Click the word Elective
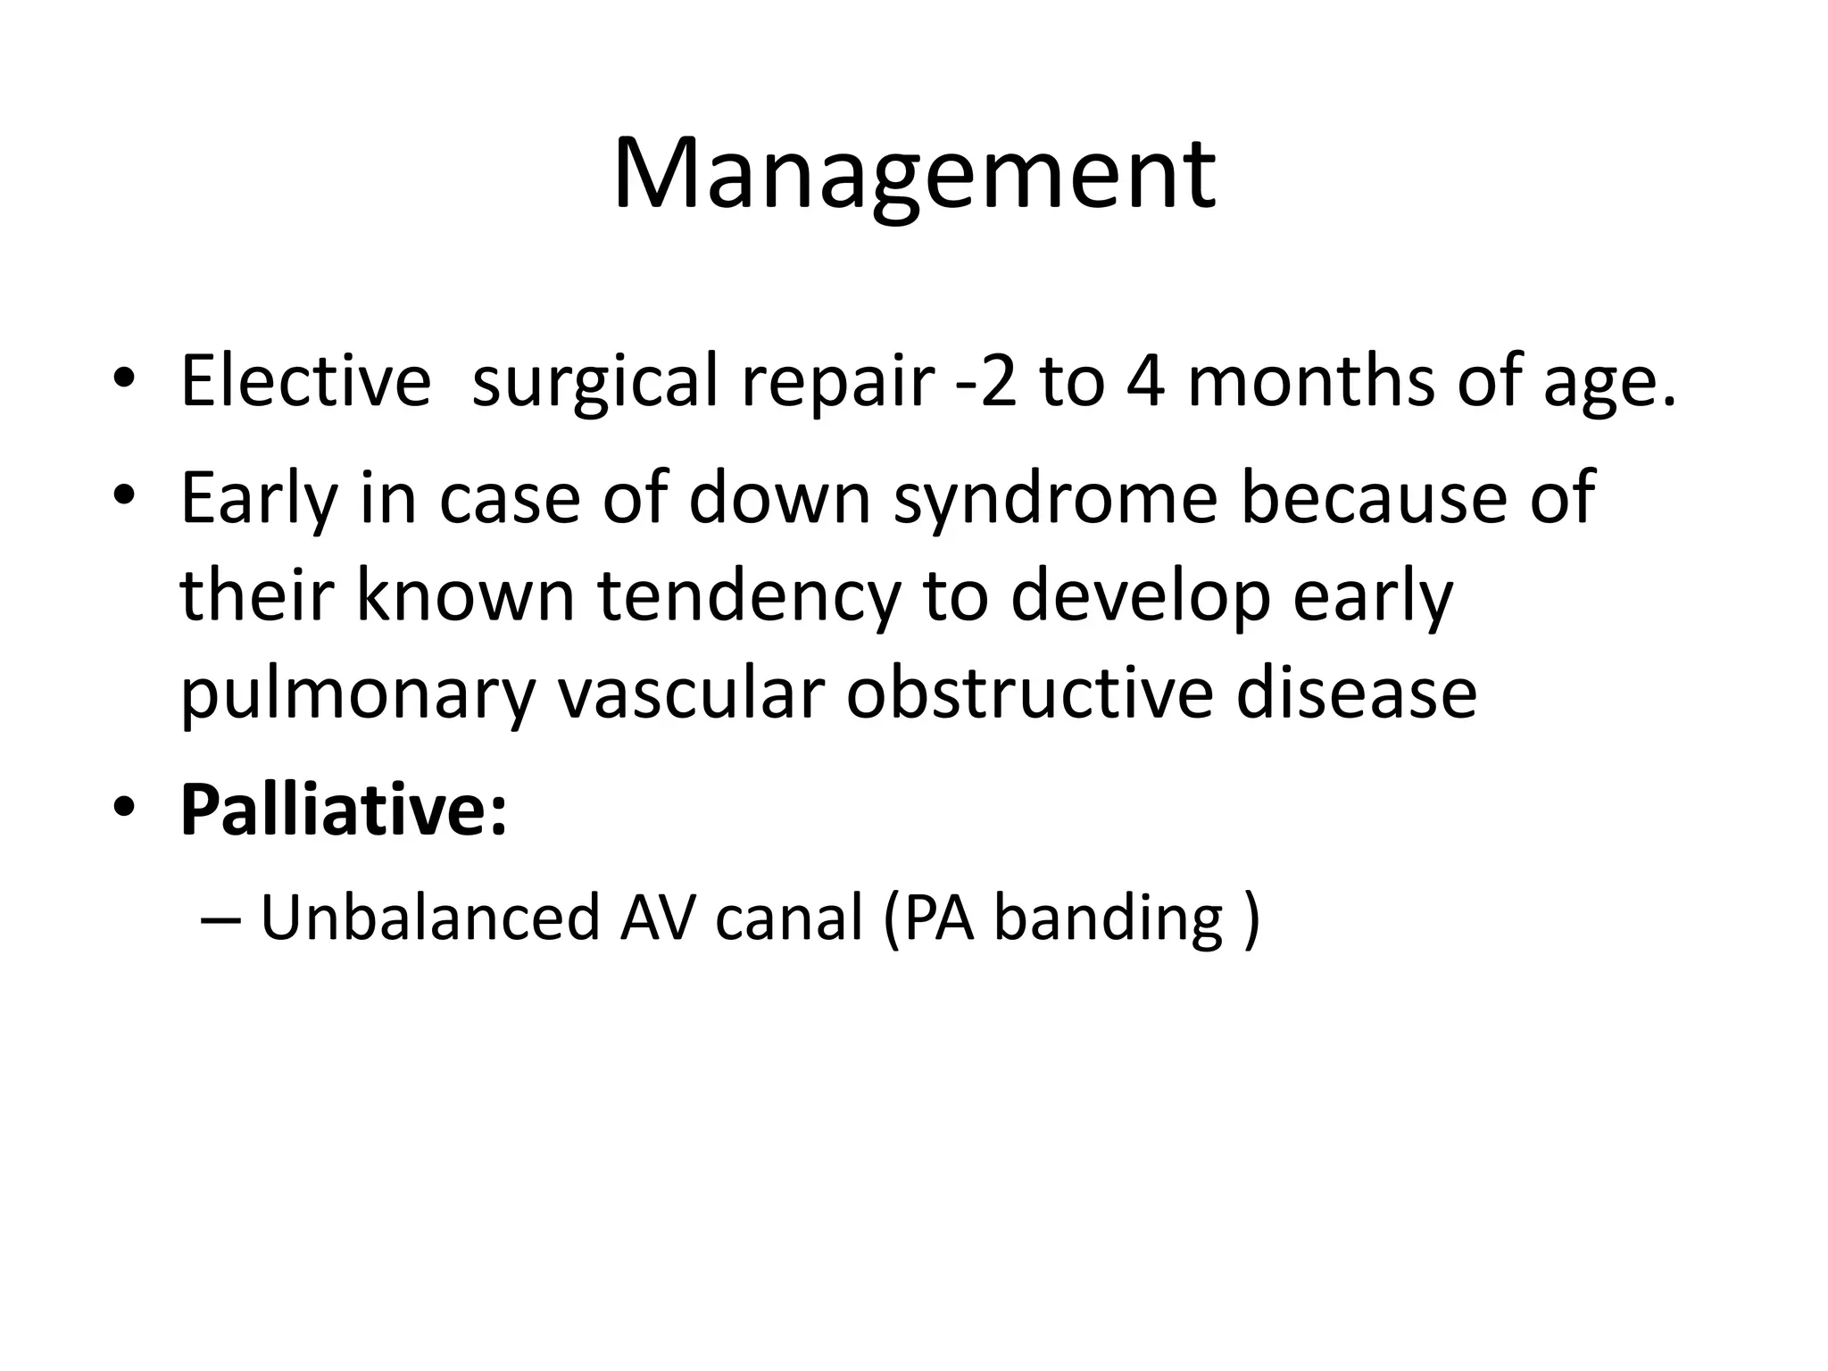click(x=305, y=381)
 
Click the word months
click(x=1310, y=381)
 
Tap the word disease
click(x=1356, y=694)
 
